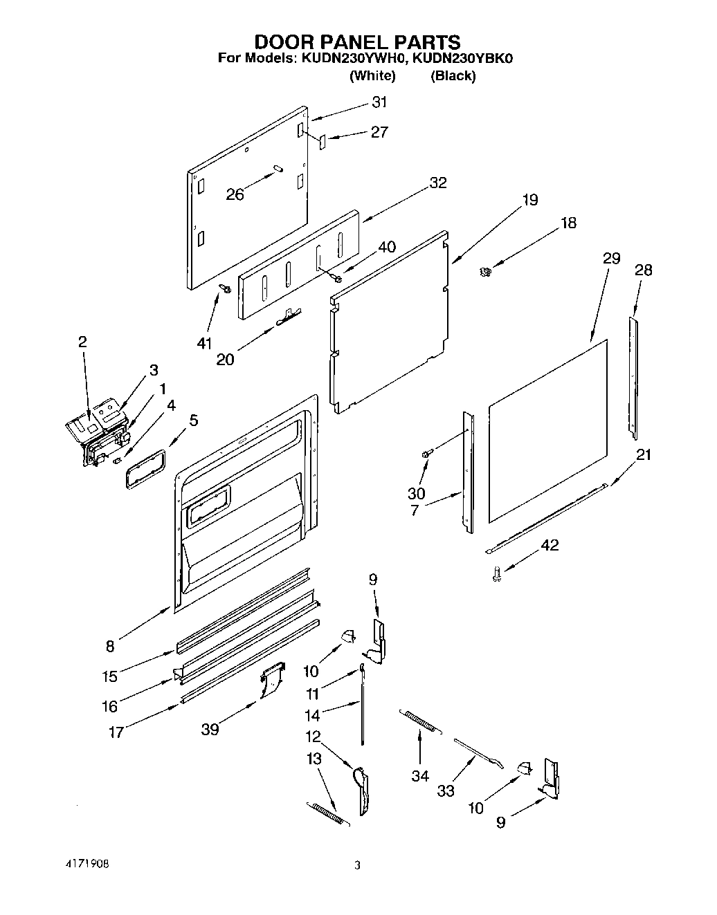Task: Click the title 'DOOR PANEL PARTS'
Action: click(x=358, y=43)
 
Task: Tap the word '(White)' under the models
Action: click(x=372, y=76)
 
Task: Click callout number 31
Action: click(x=379, y=102)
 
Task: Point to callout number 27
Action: click(x=379, y=132)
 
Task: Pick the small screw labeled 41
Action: click(x=224, y=288)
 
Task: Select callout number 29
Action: click(x=611, y=259)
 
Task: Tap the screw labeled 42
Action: click(x=496, y=573)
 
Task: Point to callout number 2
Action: click(x=82, y=341)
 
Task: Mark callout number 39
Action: click(x=210, y=730)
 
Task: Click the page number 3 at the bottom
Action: click(x=357, y=865)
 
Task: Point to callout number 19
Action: click(x=529, y=201)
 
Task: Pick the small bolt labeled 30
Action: click(x=426, y=454)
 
